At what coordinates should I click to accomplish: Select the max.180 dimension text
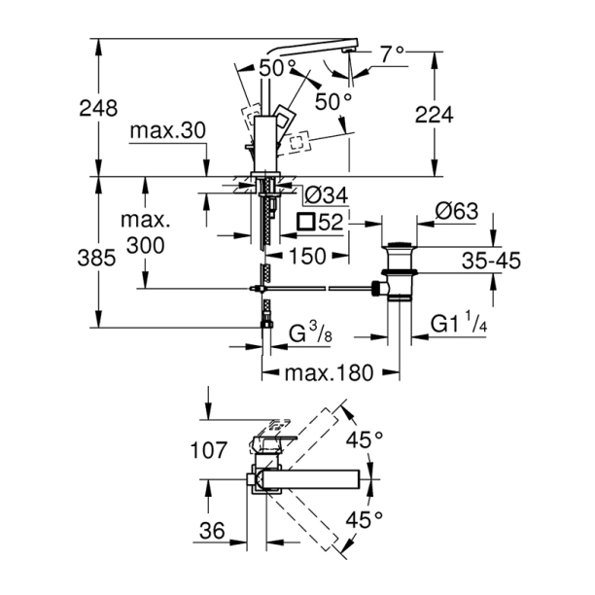click(331, 373)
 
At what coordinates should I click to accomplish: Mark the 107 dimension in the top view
click(207, 451)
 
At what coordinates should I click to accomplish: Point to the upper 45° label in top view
click(365, 440)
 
